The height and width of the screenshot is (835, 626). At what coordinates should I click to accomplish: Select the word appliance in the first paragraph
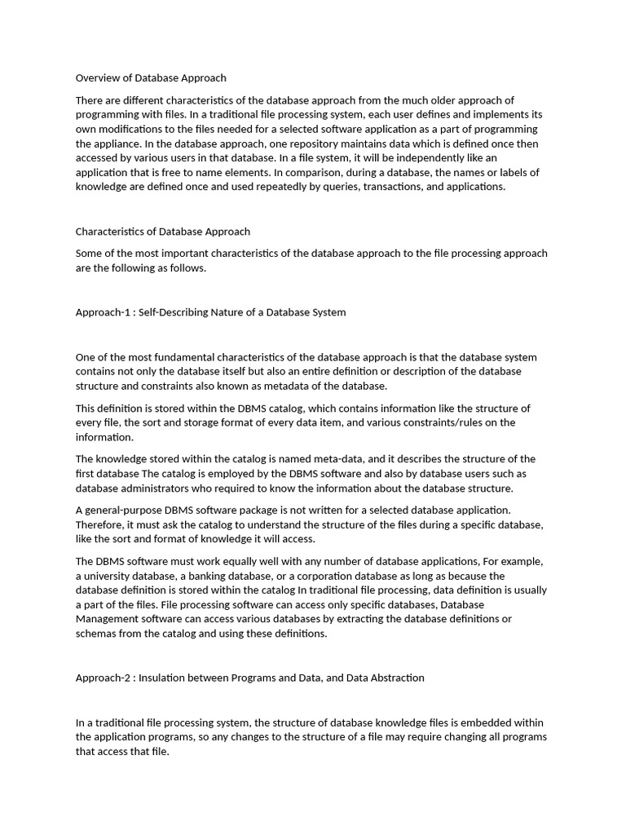[108, 144]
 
